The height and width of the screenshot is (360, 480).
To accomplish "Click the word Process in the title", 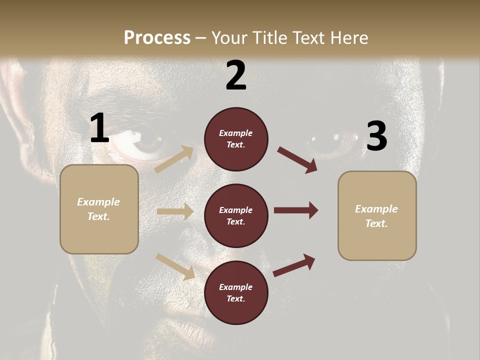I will [157, 38].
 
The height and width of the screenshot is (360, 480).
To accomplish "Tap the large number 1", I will [99, 128].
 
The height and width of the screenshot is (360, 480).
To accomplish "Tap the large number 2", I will [236, 76].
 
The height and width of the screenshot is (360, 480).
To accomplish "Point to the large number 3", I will [376, 136].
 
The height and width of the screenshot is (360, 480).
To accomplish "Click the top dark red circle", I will [236, 139].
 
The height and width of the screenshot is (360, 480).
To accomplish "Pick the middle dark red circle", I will [236, 215].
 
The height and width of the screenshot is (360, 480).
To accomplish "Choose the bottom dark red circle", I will [236, 292].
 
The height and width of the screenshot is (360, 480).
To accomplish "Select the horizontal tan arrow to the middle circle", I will [175, 211].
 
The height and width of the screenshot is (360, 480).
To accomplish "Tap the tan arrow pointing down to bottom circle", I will [175, 266].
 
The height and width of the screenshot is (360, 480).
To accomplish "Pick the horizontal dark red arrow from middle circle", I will [296, 210].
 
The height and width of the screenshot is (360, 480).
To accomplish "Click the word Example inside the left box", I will [98, 202].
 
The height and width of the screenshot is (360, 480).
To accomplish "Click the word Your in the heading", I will [230, 38].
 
